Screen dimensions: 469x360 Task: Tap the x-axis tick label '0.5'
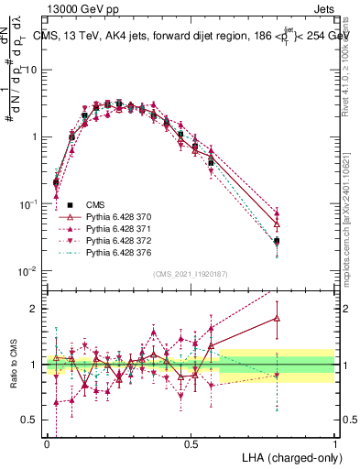[191, 442]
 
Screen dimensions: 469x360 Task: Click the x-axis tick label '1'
[334, 442]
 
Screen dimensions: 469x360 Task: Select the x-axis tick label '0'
[47, 442]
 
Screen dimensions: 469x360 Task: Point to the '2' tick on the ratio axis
[35, 309]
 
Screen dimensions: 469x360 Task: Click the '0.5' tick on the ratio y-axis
[29, 421]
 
